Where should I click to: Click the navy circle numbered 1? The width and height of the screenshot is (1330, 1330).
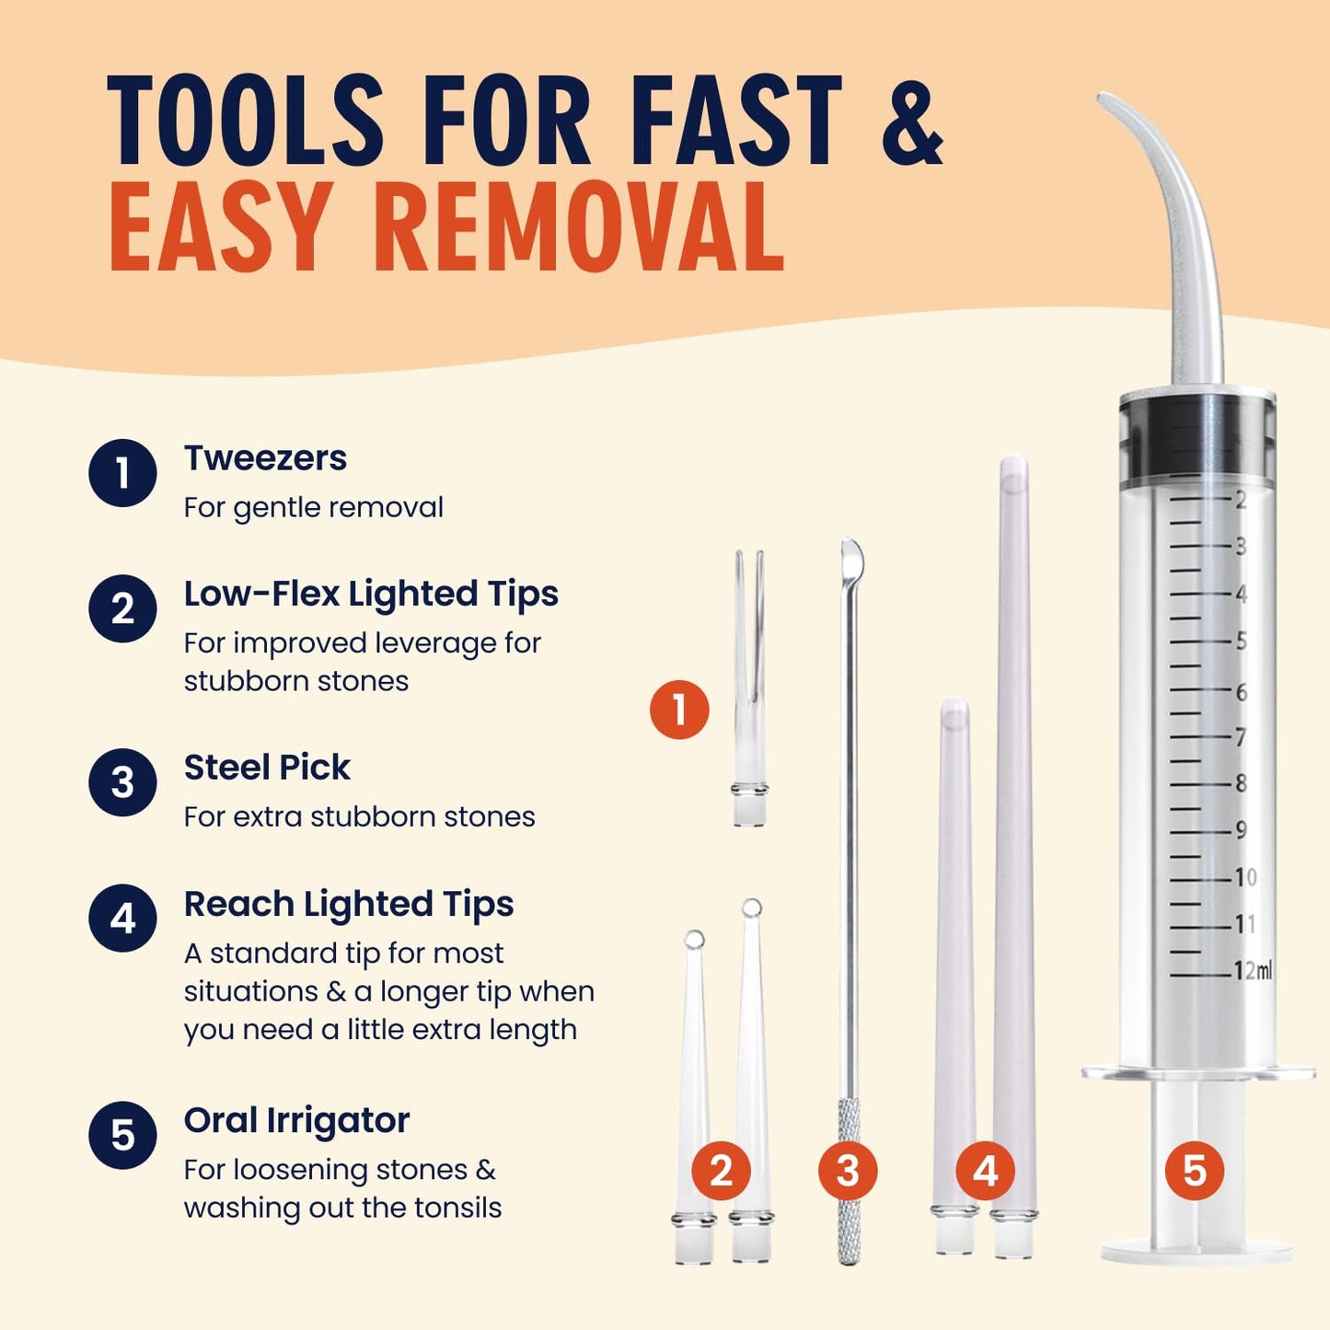[x=122, y=473]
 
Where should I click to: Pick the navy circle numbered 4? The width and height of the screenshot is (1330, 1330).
[x=122, y=918]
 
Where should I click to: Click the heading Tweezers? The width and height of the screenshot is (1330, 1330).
[x=265, y=458]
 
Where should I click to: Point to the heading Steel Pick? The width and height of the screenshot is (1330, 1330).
[x=267, y=768]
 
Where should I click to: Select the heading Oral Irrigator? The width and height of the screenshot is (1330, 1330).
[x=296, y=1120]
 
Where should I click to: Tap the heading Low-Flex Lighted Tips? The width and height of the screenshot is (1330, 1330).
[x=371, y=594]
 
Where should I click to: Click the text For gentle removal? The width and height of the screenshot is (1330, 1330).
[x=313, y=507]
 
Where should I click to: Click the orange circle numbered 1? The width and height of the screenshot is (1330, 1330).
[x=679, y=710]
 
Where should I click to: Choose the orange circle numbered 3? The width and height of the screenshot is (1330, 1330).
[x=848, y=1171]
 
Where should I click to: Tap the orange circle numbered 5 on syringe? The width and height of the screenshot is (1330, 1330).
[x=1194, y=1171]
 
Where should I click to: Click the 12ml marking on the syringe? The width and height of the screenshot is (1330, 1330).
[x=1253, y=970]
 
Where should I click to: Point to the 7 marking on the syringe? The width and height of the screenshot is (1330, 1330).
[x=1241, y=737]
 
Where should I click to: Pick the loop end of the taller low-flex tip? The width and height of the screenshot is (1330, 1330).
[x=752, y=908]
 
